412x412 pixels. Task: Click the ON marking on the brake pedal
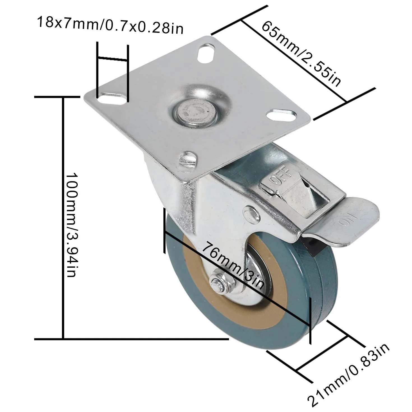pos(348,220)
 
